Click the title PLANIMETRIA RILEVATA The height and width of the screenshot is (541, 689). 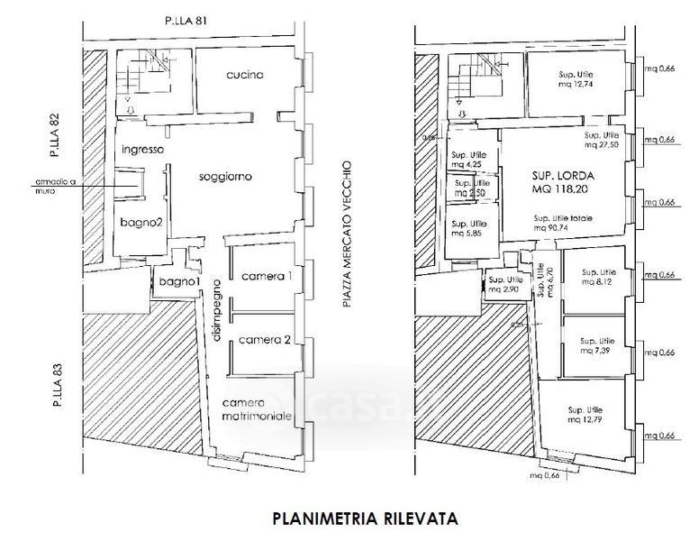364,519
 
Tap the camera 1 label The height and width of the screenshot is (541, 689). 263,276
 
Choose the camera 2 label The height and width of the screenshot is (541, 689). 263,340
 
